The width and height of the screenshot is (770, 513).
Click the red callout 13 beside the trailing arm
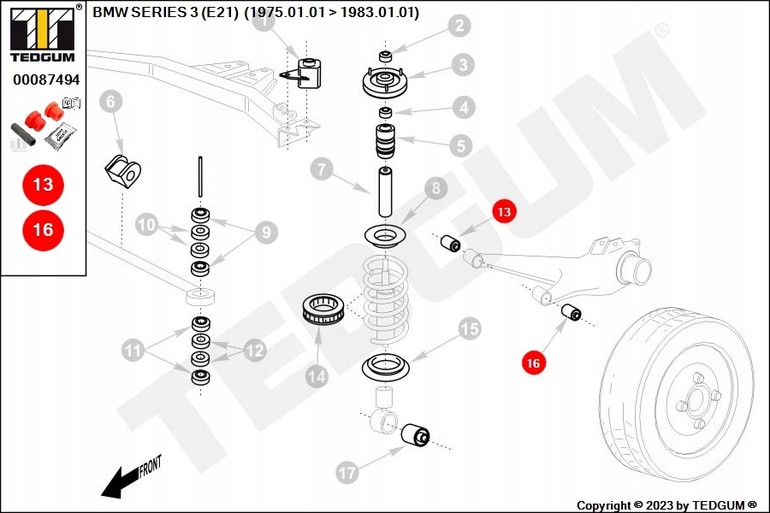click(504, 211)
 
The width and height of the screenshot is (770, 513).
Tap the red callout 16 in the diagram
click(534, 363)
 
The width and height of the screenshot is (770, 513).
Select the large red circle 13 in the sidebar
click(43, 184)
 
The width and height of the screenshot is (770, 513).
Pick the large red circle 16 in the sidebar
click(43, 229)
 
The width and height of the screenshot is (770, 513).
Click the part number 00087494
click(45, 80)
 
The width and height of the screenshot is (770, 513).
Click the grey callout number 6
click(110, 103)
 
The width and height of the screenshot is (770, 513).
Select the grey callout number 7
click(321, 169)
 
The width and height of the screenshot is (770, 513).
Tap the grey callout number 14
click(317, 374)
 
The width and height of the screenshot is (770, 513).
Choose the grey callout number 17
click(346, 471)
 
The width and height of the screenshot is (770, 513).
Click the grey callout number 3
click(462, 64)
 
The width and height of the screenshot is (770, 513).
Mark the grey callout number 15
click(470, 327)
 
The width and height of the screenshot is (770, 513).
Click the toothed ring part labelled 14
click(325, 308)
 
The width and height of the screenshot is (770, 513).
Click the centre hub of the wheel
click(697, 399)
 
